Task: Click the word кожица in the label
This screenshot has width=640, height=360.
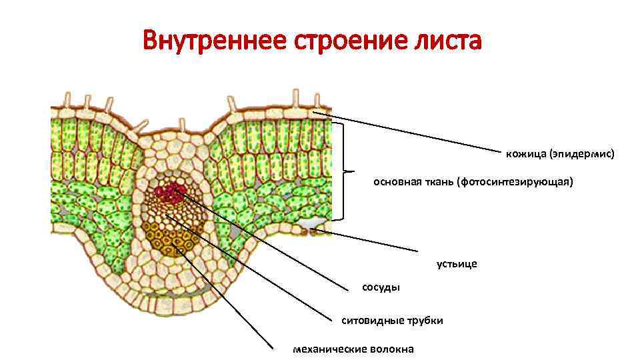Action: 525,154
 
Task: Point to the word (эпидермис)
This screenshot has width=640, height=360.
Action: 581,154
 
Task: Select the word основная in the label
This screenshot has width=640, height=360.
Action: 395,181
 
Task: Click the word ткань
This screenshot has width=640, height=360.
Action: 438,181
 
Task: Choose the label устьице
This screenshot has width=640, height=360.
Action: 457,264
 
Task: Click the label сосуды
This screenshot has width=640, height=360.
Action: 381,288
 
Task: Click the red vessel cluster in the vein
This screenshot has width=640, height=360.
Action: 170,193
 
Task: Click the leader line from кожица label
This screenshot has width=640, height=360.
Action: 413,133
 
